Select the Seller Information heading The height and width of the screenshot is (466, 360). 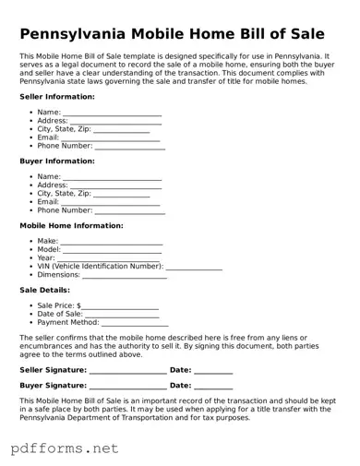click(x=57, y=96)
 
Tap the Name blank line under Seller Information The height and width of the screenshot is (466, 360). click(x=112, y=113)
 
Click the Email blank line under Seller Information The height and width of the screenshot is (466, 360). click(x=111, y=137)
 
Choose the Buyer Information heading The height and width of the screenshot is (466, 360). click(x=57, y=161)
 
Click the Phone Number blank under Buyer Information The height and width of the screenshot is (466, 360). click(x=130, y=210)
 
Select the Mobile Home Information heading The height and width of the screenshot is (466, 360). click(x=71, y=225)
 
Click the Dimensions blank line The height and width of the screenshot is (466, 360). click(x=125, y=275)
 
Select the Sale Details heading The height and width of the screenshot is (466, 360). click(x=45, y=290)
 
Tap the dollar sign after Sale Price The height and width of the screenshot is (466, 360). click(x=79, y=305)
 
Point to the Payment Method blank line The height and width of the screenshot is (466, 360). click(x=135, y=323)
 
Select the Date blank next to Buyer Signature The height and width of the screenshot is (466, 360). click(x=213, y=386)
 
